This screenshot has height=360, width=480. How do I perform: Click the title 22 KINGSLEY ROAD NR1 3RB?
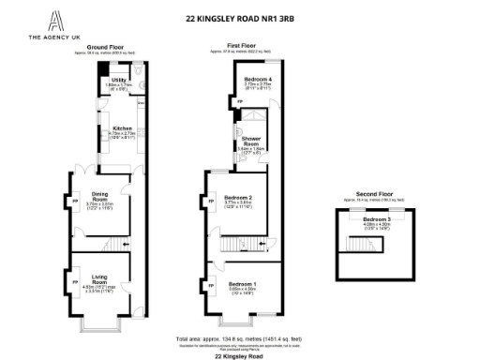point(239,16)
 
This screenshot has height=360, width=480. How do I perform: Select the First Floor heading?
point(241,45)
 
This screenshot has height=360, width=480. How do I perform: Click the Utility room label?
point(118,81)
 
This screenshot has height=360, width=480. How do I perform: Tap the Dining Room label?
point(99,196)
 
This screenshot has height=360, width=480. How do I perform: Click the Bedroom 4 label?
point(257,79)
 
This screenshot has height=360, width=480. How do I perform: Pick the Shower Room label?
point(249,140)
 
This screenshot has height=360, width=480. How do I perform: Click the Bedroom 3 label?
point(375,217)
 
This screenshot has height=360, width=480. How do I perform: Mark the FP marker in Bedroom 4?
point(238,100)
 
